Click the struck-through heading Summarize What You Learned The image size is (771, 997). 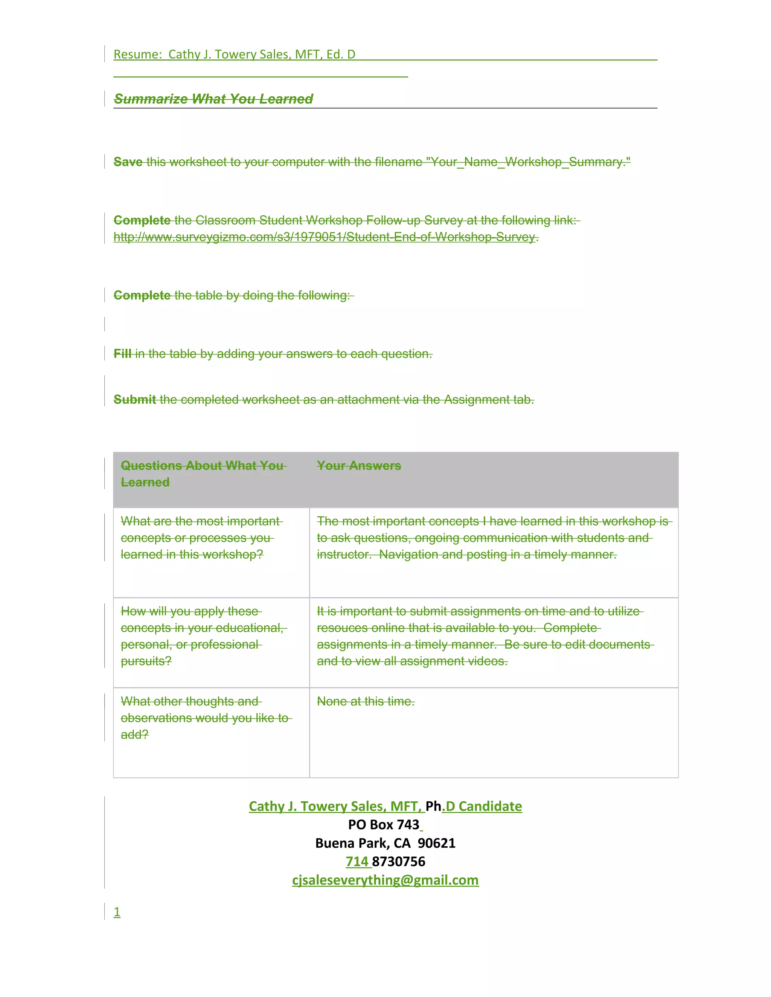pos(213,99)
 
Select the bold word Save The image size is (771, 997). pos(128,162)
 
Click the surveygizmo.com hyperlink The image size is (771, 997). pos(324,237)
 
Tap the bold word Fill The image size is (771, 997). pos(122,354)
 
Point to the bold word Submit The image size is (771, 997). pos(135,400)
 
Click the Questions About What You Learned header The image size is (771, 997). pos(202,474)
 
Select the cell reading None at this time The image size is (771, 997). pos(366,701)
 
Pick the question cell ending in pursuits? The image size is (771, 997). pos(203,636)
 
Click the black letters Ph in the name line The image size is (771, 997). pos(433,806)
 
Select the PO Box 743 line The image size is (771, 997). pos(384,824)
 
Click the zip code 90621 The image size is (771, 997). pos(436,843)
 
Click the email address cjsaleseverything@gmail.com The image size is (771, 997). pos(385,880)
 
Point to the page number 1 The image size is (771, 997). pos(117,912)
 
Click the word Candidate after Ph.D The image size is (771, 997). pos(490,806)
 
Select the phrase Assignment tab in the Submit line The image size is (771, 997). pos(488,400)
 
